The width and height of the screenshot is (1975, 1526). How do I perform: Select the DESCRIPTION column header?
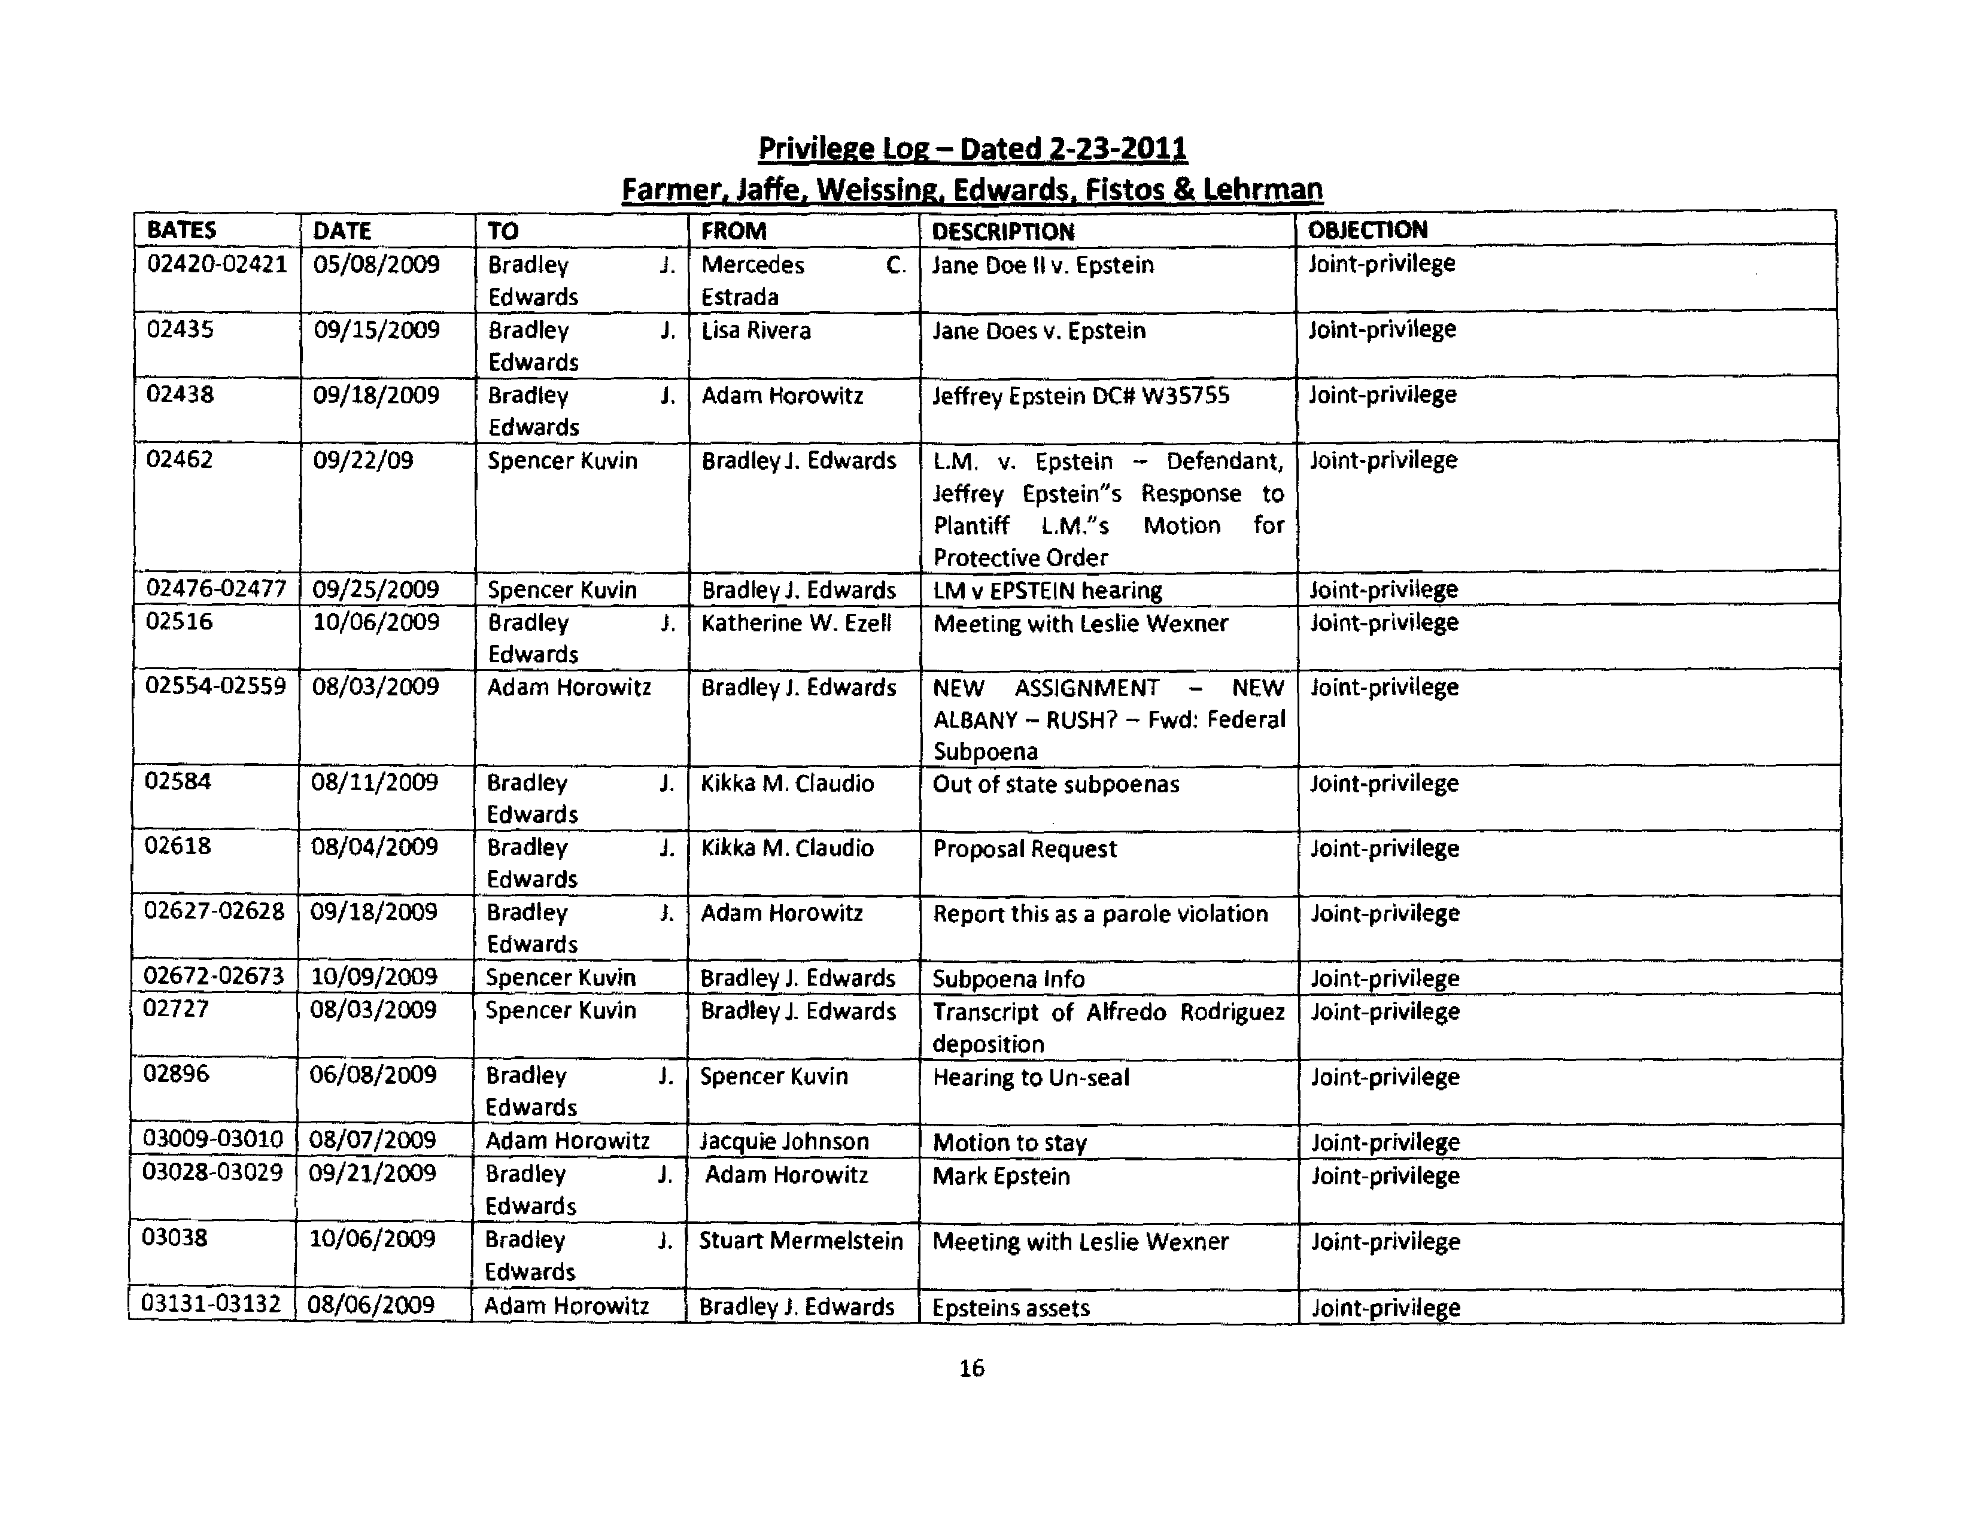point(1003,232)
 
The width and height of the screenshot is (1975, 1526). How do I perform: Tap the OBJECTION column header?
point(1368,230)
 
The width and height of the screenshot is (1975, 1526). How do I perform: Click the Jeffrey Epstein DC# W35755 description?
point(1081,396)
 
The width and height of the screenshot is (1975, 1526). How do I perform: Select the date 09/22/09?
point(363,460)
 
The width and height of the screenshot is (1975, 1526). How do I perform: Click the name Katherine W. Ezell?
point(796,623)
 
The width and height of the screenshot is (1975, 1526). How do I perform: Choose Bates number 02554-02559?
point(215,686)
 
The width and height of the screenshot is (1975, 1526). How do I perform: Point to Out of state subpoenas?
point(1055,784)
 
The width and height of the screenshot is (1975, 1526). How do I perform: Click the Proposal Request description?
point(1025,849)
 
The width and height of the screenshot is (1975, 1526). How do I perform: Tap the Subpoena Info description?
point(1008,979)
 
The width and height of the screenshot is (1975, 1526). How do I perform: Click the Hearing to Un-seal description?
point(1031,1077)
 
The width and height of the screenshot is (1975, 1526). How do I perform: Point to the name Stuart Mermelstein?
point(800,1241)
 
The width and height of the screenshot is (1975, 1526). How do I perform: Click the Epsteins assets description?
point(1011,1307)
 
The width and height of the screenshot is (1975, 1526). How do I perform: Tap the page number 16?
point(971,1368)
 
